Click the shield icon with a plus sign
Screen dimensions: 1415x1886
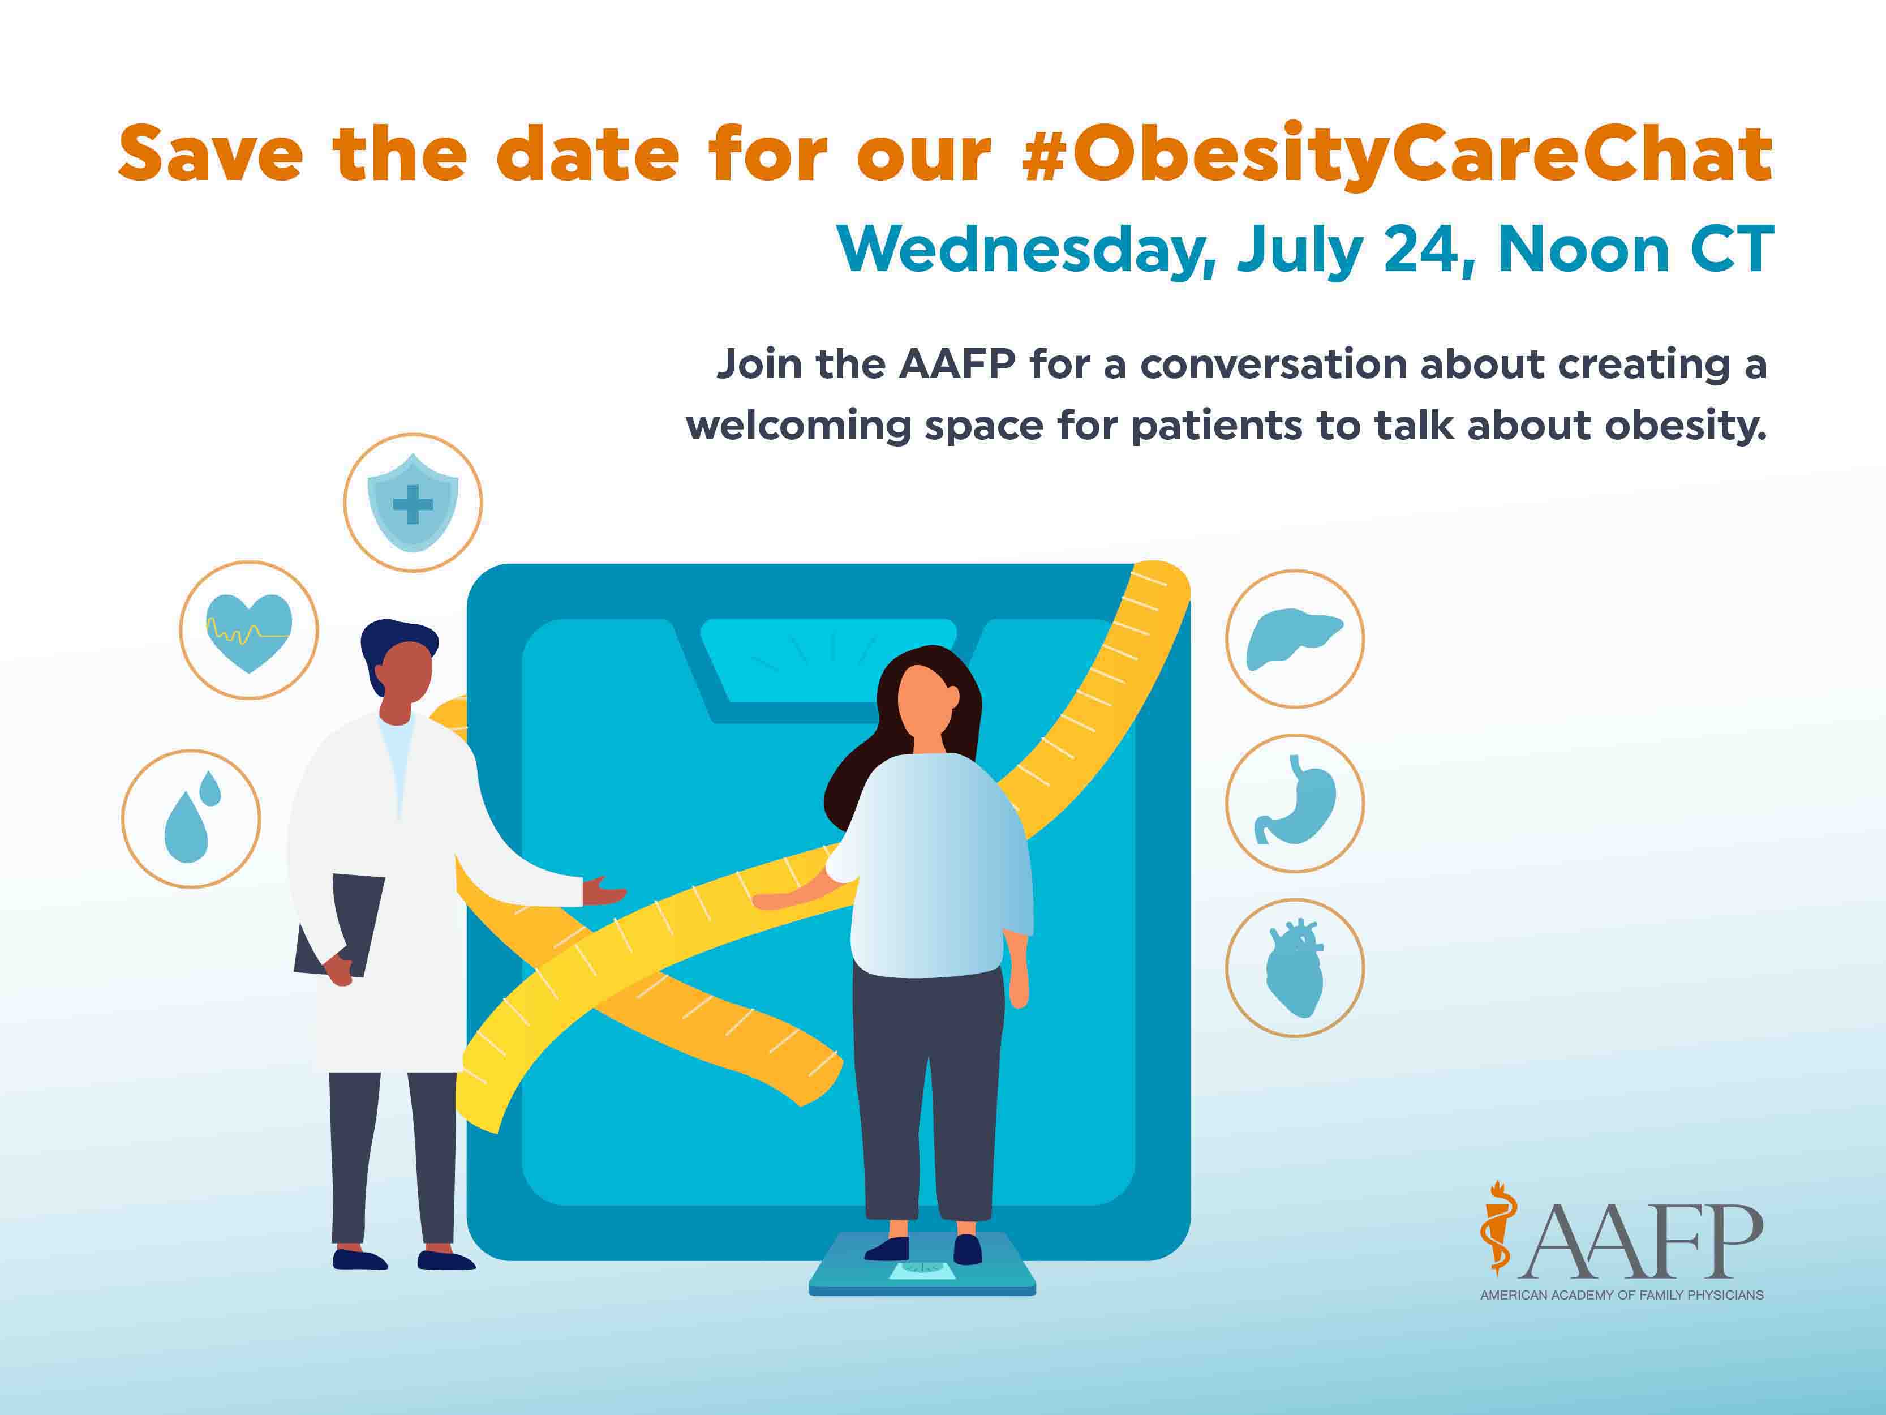click(x=413, y=503)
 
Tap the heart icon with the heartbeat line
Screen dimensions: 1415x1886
click(x=249, y=631)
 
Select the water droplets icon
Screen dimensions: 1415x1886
click(x=191, y=820)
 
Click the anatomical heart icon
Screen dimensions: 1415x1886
click(x=1294, y=968)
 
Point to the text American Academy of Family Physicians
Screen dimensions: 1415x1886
click(x=1621, y=1295)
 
